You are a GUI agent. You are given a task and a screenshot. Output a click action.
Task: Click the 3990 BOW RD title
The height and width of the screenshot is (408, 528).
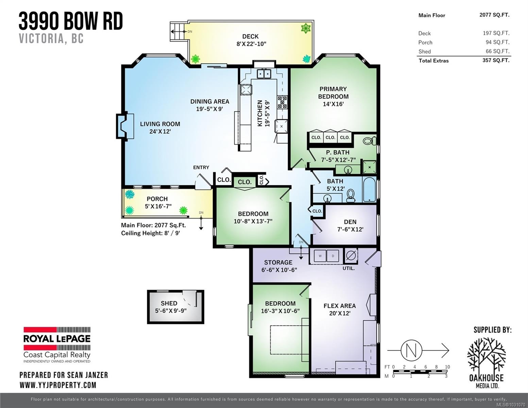(71, 21)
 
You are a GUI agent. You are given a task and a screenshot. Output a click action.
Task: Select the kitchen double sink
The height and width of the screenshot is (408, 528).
(263, 73)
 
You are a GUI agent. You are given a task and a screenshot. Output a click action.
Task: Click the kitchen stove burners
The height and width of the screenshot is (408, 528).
(282, 102)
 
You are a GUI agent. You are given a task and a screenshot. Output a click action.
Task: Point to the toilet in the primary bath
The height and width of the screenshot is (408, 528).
(369, 140)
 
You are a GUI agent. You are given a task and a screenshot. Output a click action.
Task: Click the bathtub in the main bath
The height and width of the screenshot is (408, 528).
(369, 189)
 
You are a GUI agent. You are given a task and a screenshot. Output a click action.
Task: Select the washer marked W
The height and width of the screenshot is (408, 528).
(320, 256)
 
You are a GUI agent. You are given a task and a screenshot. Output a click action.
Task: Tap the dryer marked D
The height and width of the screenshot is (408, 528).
(333, 256)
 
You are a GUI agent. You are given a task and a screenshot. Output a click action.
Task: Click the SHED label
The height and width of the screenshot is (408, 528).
(169, 303)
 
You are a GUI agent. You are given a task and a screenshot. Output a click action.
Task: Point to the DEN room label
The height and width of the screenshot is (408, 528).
(350, 222)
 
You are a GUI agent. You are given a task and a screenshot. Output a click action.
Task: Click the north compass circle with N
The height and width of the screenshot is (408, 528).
(411, 350)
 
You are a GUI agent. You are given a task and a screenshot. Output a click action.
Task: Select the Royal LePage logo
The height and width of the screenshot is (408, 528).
(57, 344)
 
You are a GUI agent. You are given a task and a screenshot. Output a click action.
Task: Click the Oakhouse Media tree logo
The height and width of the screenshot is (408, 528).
(486, 355)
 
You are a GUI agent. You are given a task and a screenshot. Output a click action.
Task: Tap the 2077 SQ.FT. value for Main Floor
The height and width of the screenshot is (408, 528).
(494, 15)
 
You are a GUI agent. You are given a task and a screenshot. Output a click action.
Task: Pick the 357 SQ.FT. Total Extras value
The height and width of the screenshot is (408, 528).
(496, 61)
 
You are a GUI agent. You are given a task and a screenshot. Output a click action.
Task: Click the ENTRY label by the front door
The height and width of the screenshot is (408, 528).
(201, 167)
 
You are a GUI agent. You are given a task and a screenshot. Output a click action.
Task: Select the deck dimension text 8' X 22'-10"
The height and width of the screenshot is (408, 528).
(251, 44)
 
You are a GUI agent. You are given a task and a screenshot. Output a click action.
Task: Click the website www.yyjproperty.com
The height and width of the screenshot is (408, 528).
(58, 385)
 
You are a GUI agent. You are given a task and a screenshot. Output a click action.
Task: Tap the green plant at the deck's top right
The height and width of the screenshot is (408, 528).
(306, 28)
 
